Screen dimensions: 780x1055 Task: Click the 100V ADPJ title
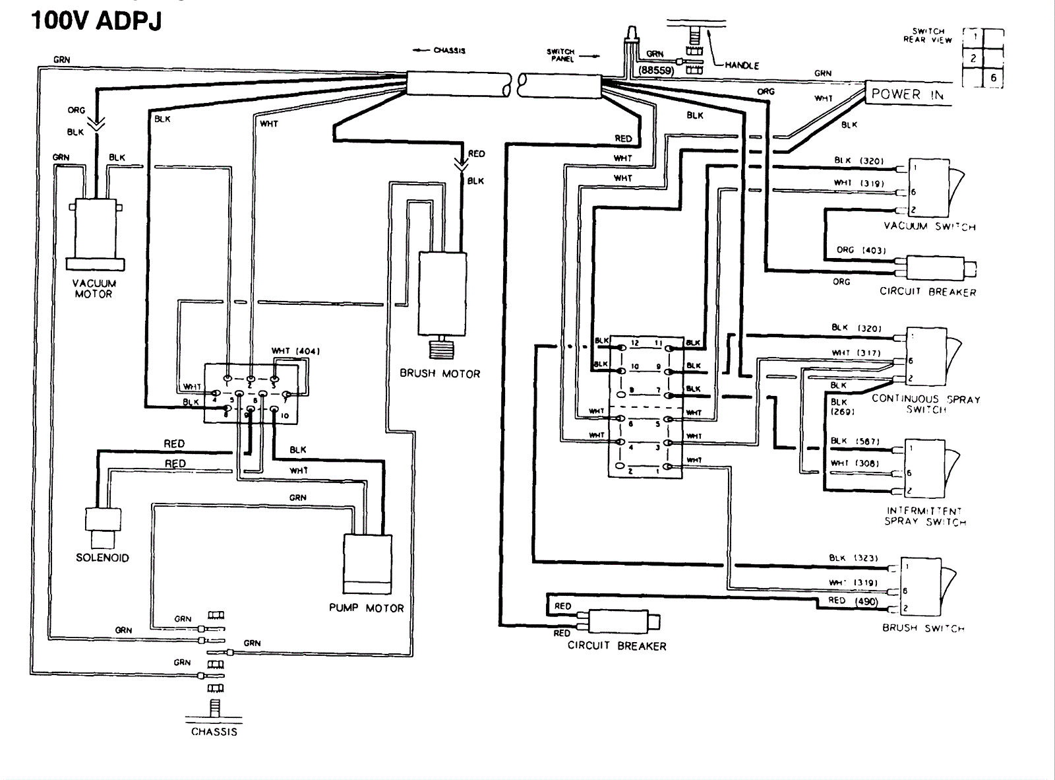tap(96, 20)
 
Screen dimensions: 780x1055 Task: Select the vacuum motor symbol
tap(96, 232)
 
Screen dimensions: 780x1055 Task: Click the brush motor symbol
tap(442, 295)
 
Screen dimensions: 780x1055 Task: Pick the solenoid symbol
tap(103, 527)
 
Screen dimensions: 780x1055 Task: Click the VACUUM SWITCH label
tap(929, 226)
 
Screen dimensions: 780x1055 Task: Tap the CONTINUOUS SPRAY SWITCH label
tap(926, 404)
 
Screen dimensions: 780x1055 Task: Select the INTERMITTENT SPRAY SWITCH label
tap(925, 516)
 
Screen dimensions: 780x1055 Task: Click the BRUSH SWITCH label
tap(923, 628)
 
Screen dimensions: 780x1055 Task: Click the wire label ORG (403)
tap(860, 250)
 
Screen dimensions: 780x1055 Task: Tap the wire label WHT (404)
tap(295, 351)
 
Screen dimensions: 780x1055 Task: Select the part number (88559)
tap(655, 70)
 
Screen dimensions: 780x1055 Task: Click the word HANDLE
tap(742, 65)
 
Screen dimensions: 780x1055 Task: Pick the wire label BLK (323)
tap(853, 558)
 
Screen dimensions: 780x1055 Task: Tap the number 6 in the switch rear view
tap(993, 78)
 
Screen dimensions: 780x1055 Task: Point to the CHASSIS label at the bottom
tap(214, 732)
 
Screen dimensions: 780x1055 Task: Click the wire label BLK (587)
tap(855, 441)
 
